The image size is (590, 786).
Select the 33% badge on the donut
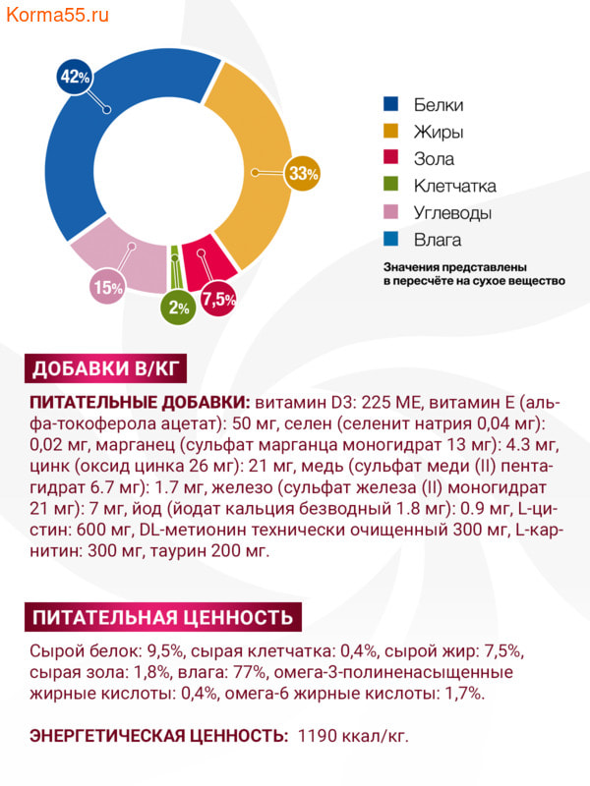[303, 173]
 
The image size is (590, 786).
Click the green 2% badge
[178, 307]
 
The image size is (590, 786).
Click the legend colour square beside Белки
[390, 105]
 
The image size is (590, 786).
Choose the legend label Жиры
[439, 132]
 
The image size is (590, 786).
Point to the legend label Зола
[435, 159]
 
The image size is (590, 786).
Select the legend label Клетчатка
[454, 186]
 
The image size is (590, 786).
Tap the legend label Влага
[438, 240]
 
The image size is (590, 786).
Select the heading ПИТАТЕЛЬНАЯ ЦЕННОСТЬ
[162, 617]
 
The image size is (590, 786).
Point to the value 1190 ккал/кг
[352, 735]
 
